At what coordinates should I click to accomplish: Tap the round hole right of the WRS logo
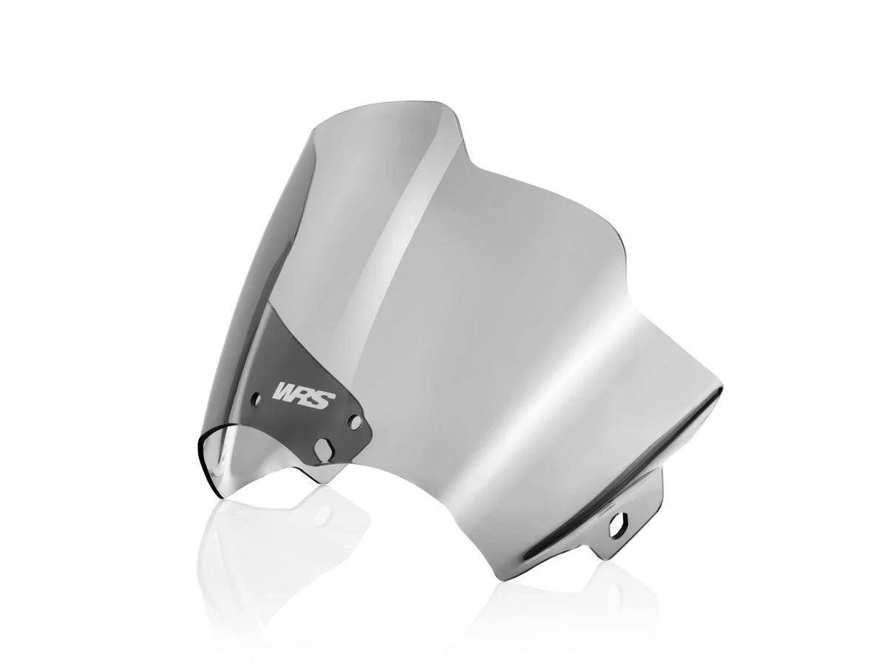(x=356, y=422)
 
